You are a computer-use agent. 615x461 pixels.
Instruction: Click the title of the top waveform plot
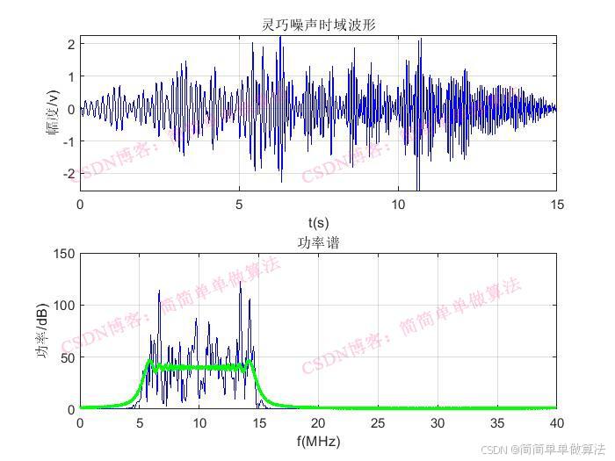(x=318, y=25)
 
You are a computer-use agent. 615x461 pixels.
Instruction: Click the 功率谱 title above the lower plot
(x=318, y=243)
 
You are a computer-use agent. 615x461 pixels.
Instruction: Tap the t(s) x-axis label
(x=318, y=223)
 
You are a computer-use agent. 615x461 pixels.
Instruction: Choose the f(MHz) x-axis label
(x=318, y=441)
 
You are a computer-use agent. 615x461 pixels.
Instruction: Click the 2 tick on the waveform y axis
(x=69, y=42)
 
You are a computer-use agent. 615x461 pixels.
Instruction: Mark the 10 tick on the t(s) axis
(x=397, y=204)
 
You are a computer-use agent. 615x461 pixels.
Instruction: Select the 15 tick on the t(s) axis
(x=555, y=204)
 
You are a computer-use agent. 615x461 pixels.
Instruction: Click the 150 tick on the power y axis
(x=63, y=254)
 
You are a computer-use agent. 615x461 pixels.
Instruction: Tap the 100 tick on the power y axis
(x=63, y=306)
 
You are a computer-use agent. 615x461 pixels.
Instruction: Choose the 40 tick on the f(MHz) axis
(x=555, y=422)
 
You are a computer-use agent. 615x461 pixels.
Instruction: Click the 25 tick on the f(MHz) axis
(x=377, y=422)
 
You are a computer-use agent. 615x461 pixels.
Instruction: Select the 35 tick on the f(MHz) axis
(x=496, y=422)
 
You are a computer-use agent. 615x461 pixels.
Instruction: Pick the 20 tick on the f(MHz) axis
(x=318, y=422)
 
